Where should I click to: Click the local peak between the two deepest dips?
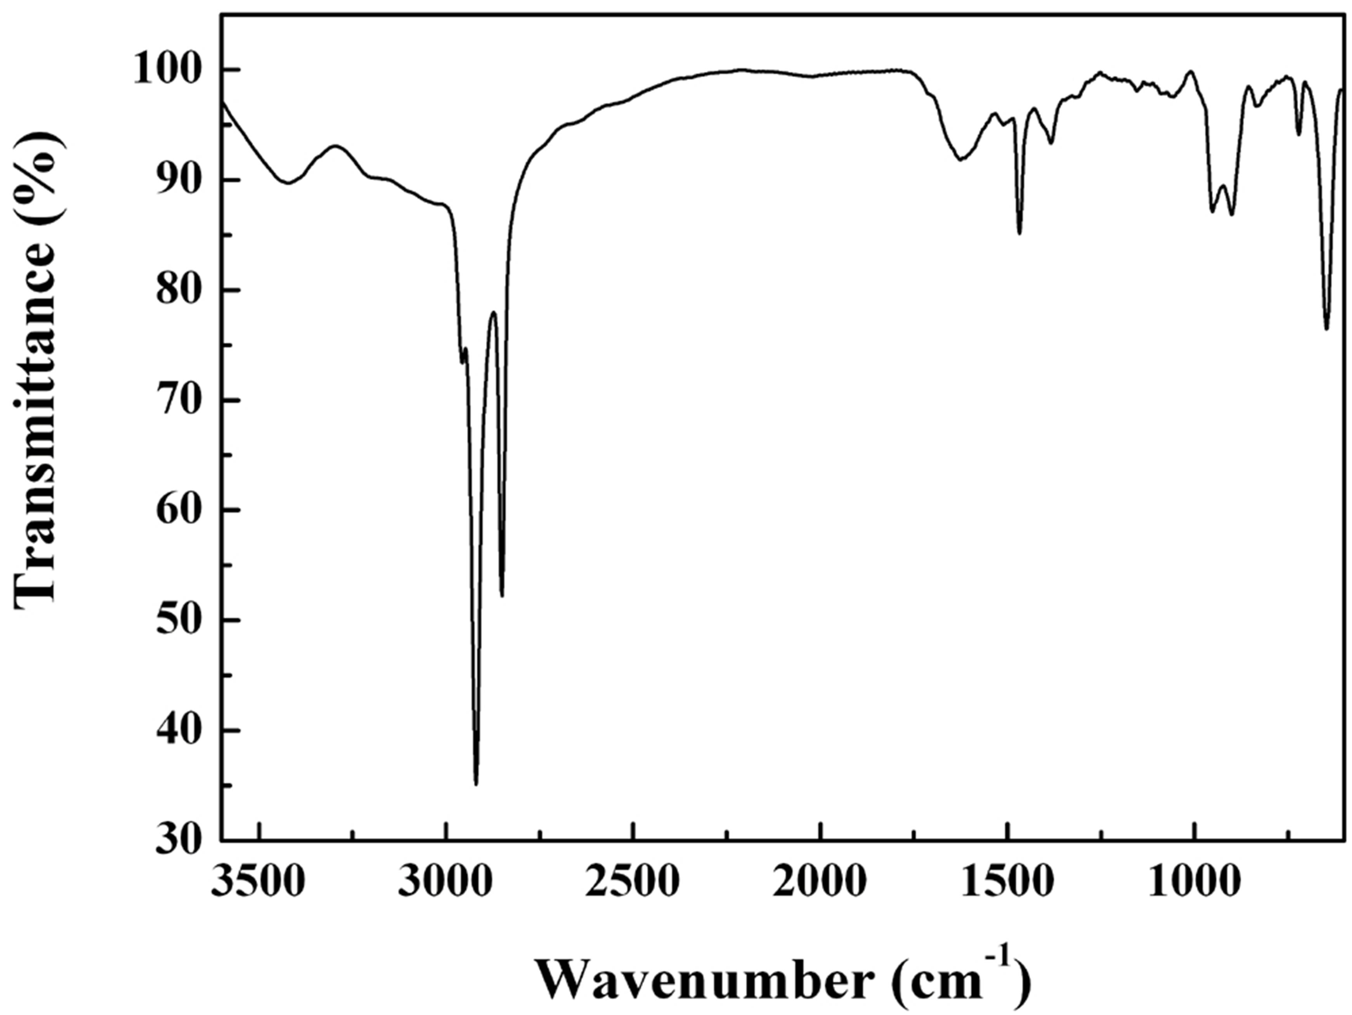click(x=492, y=313)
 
